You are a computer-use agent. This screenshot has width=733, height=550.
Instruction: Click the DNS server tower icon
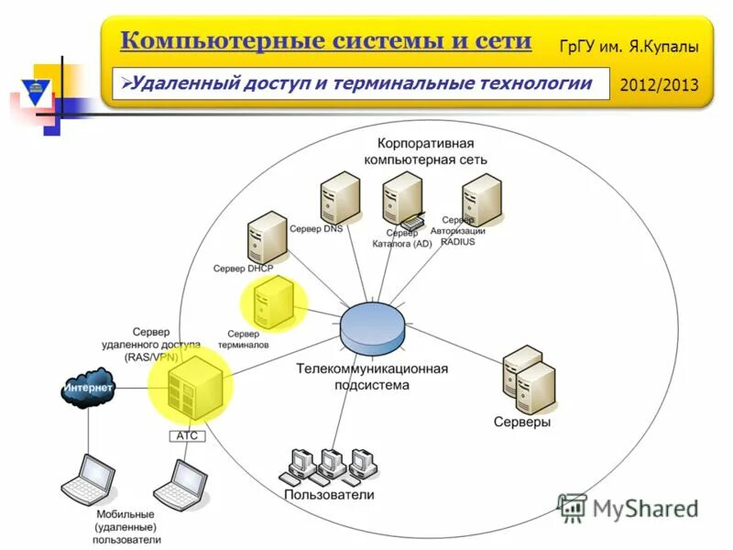coord(340,198)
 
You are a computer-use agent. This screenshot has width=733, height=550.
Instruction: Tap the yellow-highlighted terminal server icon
coord(273,302)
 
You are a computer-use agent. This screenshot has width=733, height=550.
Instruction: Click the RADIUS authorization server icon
coord(481,198)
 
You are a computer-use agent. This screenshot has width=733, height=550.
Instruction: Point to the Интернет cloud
coord(88,389)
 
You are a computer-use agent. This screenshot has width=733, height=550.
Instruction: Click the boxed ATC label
coord(188,435)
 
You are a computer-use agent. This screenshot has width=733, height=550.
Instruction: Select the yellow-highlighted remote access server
coord(191,384)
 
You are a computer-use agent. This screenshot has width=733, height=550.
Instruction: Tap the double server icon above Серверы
coord(529,379)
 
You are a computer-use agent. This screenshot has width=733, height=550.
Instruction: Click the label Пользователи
coord(329,495)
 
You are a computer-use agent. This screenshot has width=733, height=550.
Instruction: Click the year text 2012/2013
coord(659,84)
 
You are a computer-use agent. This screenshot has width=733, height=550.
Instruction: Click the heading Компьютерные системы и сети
coord(325,40)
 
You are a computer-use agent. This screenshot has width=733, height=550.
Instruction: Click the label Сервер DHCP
coord(243,269)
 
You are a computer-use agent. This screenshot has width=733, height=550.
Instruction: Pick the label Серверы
coord(522,423)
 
